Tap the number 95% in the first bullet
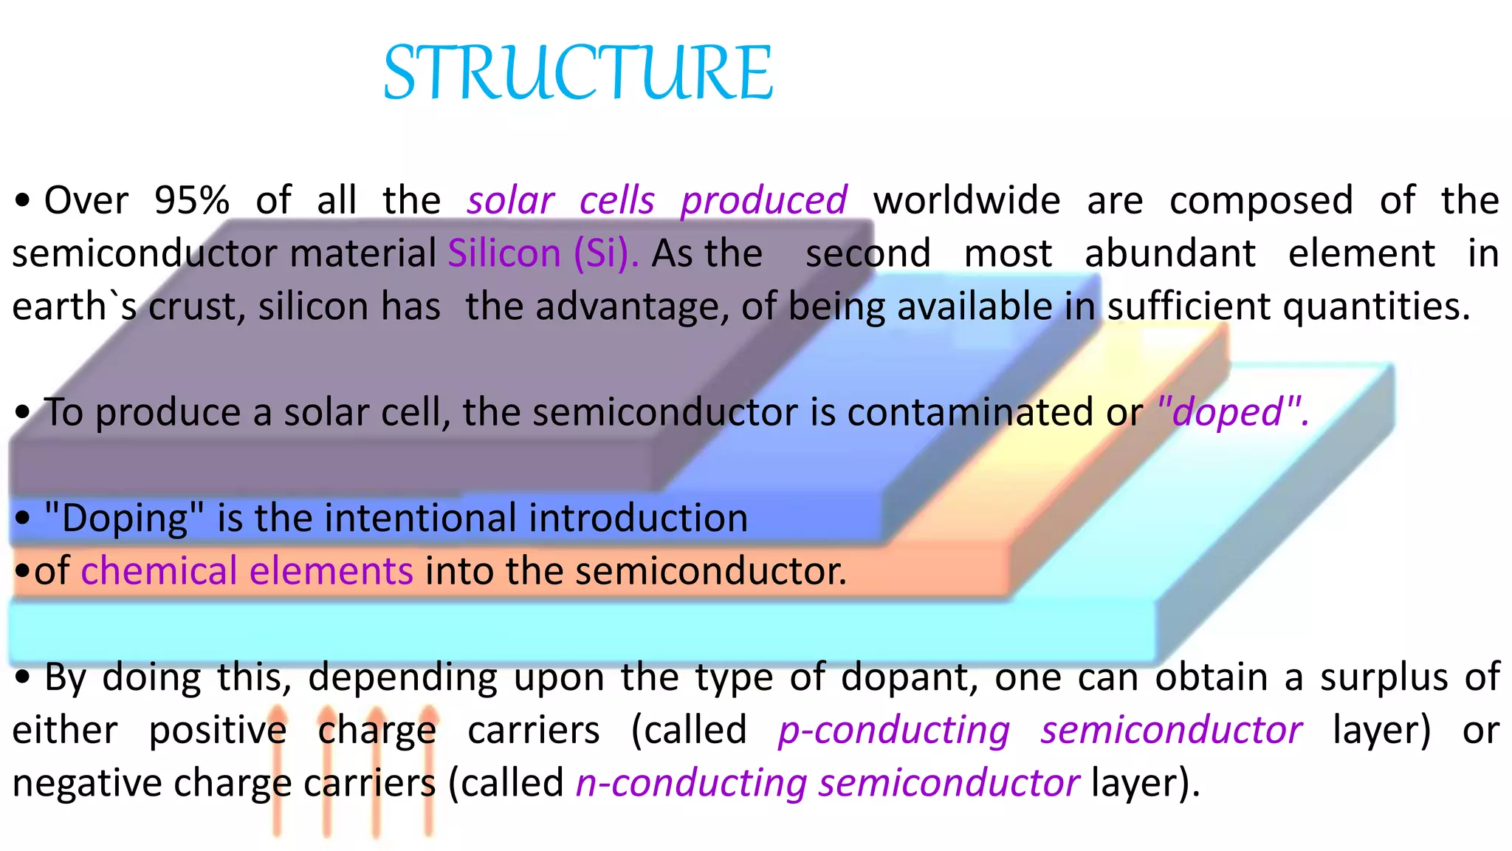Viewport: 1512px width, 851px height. coord(191,200)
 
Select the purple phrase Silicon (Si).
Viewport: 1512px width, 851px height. coord(543,253)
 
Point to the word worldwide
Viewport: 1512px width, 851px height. coord(966,200)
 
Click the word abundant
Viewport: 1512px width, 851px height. coord(1169,253)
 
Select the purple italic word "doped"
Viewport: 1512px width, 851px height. coord(1231,412)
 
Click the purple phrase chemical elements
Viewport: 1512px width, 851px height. coord(247,571)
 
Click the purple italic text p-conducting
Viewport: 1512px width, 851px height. coord(893,730)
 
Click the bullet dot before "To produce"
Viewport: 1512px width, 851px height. coord(23,412)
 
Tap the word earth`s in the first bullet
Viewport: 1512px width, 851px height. coord(74,307)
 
